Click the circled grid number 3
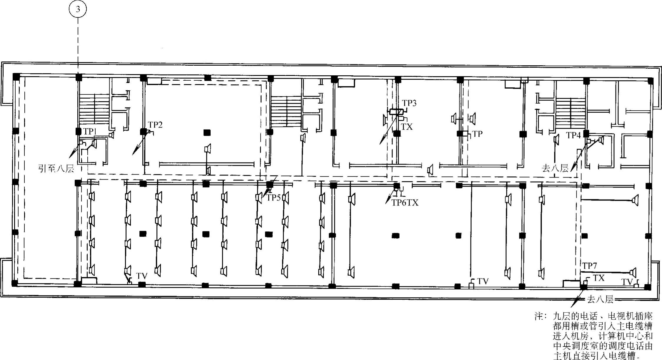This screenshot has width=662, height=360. pyautogui.click(x=78, y=9)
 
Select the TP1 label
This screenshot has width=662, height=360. pyautogui.click(x=90, y=132)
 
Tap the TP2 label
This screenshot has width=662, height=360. pyautogui.click(x=155, y=125)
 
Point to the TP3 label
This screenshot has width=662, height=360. pyautogui.click(x=409, y=103)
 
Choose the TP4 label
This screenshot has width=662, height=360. pyautogui.click(x=574, y=135)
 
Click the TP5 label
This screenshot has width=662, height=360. pyautogui.click(x=273, y=198)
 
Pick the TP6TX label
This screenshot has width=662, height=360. pyautogui.click(x=405, y=203)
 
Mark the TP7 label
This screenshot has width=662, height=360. pyautogui.click(x=590, y=266)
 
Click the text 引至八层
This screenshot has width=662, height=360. pyautogui.click(x=56, y=168)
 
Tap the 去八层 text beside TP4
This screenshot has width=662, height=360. pyautogui.click(x=555, y=168)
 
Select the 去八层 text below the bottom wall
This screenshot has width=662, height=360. pyautogui.click(x=600, y=299)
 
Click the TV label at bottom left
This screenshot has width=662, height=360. pyautogui.click(x=142, y=276)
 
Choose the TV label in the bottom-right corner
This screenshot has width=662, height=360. pyautogui.click(x=627, y=282)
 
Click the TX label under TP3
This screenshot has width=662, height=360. pyautogui.click(x=407, y=127)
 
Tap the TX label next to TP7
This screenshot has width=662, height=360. pyautogui.click(x=598, y=278)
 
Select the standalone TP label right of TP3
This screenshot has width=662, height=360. pyautogui.click(x=477, y=134)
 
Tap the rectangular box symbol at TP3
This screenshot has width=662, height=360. pyautogui.click(x=397, y=112)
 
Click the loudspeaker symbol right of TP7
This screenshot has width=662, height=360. pyautogui.click(x=633, y=272)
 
